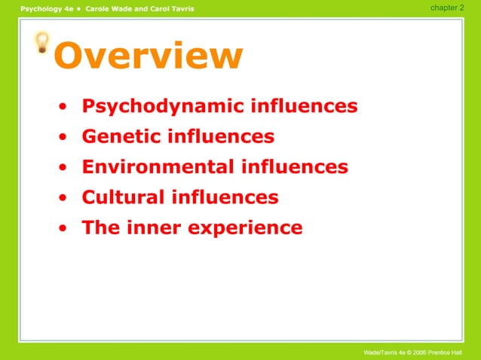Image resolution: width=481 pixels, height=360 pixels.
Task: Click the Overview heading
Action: pos(149,56)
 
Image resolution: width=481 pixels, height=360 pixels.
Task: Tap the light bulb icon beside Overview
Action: pos(43,42)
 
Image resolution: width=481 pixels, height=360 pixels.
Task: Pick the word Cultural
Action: pos(123,197)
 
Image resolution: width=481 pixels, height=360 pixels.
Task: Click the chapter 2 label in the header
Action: pos(447,7)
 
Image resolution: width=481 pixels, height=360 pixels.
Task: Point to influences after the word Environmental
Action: pos(294,166)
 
